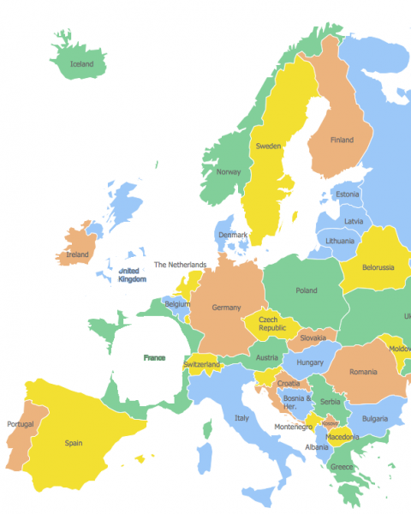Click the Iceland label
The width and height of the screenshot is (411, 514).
82,64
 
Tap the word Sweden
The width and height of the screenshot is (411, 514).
268,146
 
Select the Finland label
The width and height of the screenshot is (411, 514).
342,140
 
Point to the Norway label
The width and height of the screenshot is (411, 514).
229,172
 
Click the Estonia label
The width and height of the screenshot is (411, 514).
348,194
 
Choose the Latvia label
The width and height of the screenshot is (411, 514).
353,221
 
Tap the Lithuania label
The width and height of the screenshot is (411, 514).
340,242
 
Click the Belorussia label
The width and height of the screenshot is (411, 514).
378,267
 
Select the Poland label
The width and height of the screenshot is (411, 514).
306,290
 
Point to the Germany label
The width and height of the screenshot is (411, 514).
226,308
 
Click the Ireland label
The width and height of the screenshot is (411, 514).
78,254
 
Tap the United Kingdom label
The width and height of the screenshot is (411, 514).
132,274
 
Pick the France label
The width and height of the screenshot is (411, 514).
154,357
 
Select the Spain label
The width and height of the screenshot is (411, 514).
74,443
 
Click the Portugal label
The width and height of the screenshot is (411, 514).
21,424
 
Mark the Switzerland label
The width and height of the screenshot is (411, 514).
202,365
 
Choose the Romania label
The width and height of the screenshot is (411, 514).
362,372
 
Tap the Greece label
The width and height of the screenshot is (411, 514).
342,467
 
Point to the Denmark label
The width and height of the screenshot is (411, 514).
232,235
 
